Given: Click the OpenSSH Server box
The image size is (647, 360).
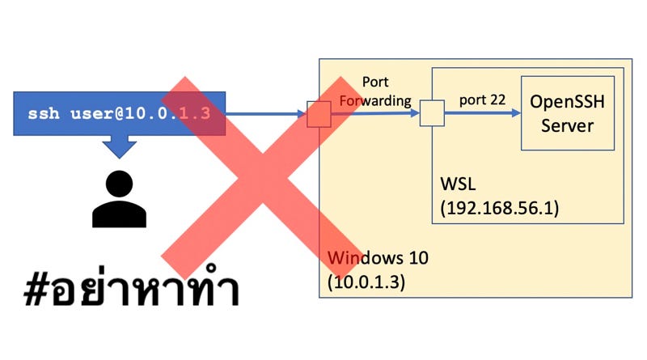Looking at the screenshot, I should [x=567, y=112].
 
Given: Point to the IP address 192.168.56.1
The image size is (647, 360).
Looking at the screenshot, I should [x=500, y=208].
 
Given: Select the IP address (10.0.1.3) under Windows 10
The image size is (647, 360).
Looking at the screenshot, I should [x=366, y=282].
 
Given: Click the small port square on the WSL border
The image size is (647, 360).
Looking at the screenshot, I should [x=432, y=113].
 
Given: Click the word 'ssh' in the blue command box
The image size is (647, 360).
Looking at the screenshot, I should [x=42, y=113].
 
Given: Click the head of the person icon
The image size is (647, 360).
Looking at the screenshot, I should [x=119, y=183].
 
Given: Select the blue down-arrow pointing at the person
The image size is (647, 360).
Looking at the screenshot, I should [x=120, y=146].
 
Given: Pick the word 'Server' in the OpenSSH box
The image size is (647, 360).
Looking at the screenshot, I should [x=567, y=125].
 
